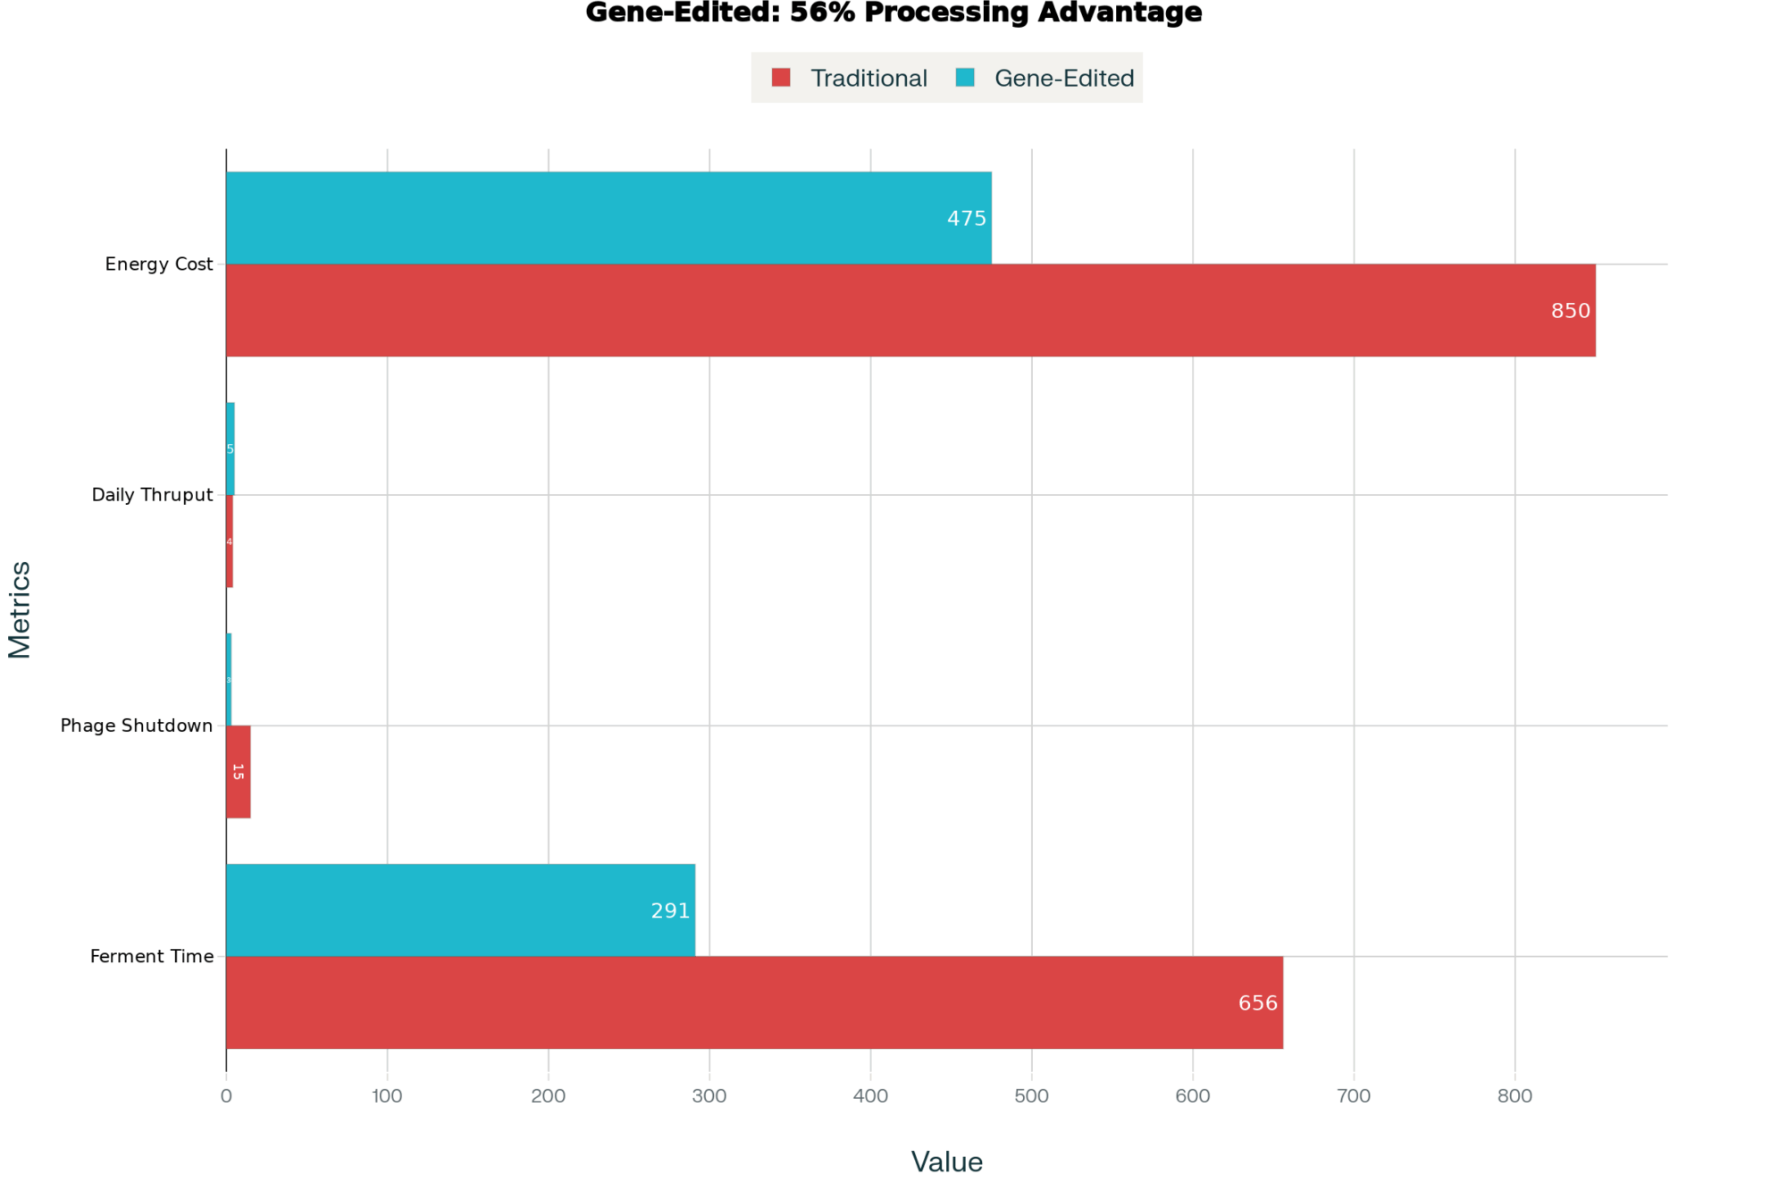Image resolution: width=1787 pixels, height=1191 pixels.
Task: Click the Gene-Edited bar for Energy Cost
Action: pos(608,217)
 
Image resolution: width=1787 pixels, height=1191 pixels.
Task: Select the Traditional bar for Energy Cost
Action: pos(910,310)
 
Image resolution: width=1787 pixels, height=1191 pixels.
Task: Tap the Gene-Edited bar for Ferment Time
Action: pos(460,910)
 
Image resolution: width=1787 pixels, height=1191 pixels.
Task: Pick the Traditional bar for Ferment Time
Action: pos(753,1002)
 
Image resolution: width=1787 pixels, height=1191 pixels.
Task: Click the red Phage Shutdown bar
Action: pos(238,771)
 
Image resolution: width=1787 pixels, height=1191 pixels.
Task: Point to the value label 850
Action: pos(1570,311)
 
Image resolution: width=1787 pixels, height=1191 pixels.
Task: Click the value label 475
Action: pos(966,218)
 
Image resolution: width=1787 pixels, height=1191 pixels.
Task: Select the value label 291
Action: pos(669,910)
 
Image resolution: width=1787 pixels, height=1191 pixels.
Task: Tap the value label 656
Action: pos(1257,1003)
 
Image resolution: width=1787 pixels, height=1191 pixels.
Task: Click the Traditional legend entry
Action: pos(850,79)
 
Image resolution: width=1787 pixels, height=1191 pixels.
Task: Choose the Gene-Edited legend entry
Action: pos(1045,79)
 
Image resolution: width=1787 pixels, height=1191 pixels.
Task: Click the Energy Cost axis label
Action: pos(159,264)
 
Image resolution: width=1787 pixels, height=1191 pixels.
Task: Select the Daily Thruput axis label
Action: pos(152,495)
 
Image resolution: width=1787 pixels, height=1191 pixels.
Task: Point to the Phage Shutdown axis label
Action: pos(137,726)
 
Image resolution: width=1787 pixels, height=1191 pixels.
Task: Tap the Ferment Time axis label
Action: pos(152,956)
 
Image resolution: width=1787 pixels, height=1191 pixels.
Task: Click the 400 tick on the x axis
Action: pos(870,1096)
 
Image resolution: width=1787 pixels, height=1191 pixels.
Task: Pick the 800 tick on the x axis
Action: pos(1514,1096)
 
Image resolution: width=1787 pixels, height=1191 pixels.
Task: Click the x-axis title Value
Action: pos(946,1162)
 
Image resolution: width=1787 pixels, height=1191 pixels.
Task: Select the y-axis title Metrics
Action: pos(20,609)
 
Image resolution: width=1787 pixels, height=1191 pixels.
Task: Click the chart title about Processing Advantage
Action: pos(893,13)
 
